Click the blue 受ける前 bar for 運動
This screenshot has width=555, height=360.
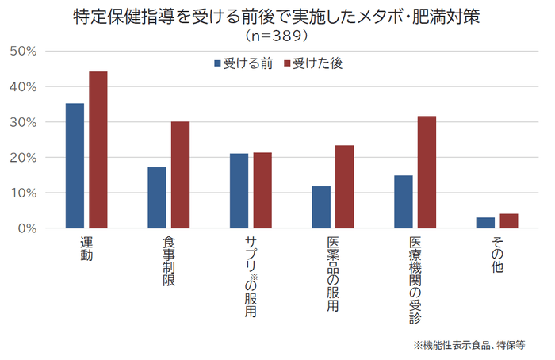(x=75, y=166)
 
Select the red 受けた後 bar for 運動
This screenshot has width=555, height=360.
(x=98, y=150)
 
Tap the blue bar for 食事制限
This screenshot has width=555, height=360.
(x=157, y=197)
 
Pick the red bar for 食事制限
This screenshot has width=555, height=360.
(x=181, y=174)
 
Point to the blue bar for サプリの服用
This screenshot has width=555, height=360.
(x=239, y=190)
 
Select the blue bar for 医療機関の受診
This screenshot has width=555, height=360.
(x=404, y=201)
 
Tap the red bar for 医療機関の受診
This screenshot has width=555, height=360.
(x=427, y=172)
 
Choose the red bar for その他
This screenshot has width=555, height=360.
(x=509, y=220)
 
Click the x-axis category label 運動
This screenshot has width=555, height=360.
(x=86, y=249)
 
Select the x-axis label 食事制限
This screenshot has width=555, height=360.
(x=169, y=262)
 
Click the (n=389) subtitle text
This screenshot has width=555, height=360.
(x=277, y=36)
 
